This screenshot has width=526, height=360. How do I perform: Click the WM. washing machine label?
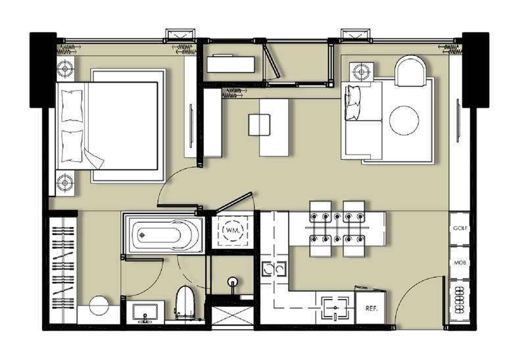[233, 231]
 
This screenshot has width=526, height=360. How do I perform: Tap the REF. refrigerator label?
[371, 308]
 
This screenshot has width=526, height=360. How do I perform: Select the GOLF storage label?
[460, 228]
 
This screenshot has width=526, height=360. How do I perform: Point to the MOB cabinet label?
[460, 263]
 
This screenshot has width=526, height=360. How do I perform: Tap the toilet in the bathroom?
[185, 303]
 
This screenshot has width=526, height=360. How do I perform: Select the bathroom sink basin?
[145, 313]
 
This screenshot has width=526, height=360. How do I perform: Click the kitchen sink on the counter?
[335, 307]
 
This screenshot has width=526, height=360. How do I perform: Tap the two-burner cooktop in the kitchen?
[274, 269]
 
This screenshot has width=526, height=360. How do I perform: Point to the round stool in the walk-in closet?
[99, 305]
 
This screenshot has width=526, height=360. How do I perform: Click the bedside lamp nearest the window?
[65, 70]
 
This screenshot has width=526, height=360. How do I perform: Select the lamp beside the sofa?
[361, 72]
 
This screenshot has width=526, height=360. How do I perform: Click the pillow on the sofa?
[352, 102]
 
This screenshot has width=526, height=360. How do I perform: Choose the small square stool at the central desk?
[259, 125]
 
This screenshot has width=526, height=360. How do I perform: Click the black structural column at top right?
[475, 70]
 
